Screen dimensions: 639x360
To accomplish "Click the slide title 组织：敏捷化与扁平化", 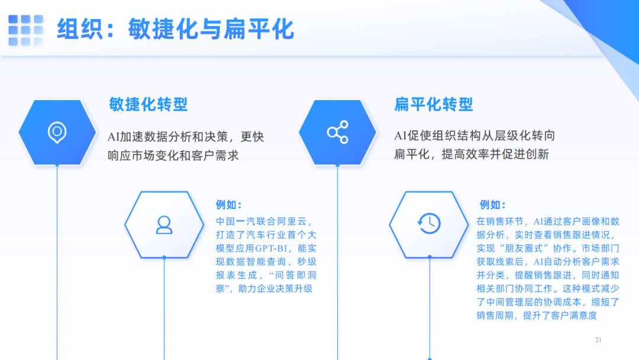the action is point(175,29).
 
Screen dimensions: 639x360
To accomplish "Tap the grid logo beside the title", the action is point(25,30).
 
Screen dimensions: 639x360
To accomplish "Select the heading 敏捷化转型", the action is point(148,105).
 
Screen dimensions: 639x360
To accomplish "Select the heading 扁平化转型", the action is point(434,105).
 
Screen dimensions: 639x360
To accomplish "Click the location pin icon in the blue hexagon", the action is point(57,132).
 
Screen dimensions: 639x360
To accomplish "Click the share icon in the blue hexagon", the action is point(337,132).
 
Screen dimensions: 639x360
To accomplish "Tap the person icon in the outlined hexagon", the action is point(164,224).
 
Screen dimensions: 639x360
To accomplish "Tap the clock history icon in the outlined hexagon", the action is point(429,223).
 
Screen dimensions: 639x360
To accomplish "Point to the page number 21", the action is point(598,340).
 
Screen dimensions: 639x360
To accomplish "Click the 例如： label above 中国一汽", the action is point(228,205).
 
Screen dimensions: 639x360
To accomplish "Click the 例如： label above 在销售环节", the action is point(492,205).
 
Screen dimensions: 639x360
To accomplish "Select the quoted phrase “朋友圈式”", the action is point(525,248).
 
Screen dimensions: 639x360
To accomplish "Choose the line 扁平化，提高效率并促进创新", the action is point(472,155).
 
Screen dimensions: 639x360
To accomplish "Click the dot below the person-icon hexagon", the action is point(164,258).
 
